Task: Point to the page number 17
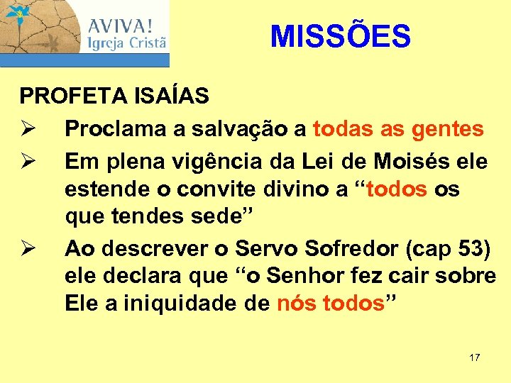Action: coord(475,357)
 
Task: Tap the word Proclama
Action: coord(108,129)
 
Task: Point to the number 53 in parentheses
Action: coord(473,248)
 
